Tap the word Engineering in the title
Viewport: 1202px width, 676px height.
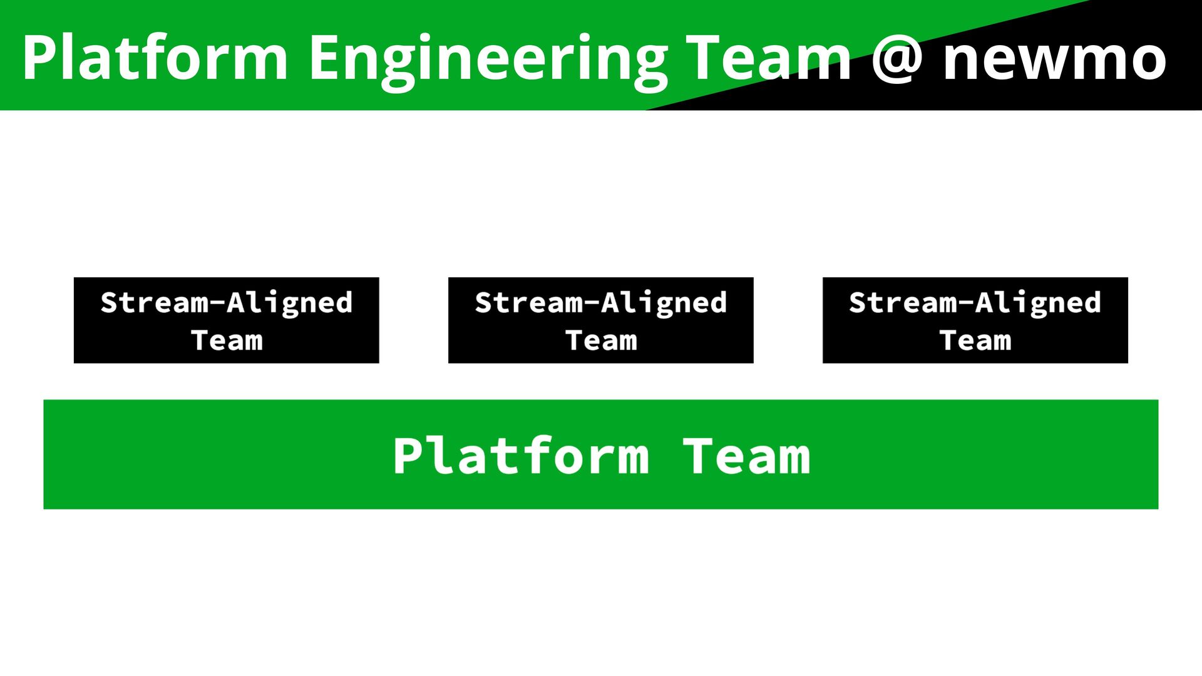pyautogui.click(x=488, y=59)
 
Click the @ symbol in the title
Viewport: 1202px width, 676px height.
pyautogui.click(x=897, y=59)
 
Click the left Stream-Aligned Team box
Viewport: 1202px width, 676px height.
pyautogui.click(x=226, y=320)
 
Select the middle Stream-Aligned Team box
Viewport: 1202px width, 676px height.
pyautogui.click(x=600, y=320)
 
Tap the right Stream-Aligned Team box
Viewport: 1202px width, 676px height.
pyautogui.click(x=975, y=320)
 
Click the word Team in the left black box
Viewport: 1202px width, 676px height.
pyautogui.click(x=227, y=341)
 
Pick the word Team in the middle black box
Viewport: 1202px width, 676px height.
pyautogui.click(x=601, y=341)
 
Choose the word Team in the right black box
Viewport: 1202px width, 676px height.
pyautogui.click(x=975, y=341)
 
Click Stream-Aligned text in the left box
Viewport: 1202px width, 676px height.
pyautogui.click(x=227, y=303)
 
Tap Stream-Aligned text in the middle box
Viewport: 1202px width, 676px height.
pyautogui.click(x=601, y=303)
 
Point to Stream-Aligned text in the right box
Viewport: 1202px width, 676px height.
pyautogui.click(x=975, y=303)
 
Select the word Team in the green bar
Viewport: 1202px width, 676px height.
pyautogui.click(x=746, y=456)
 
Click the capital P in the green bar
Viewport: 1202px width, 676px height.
pyautogui.click(x=408, y=456)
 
